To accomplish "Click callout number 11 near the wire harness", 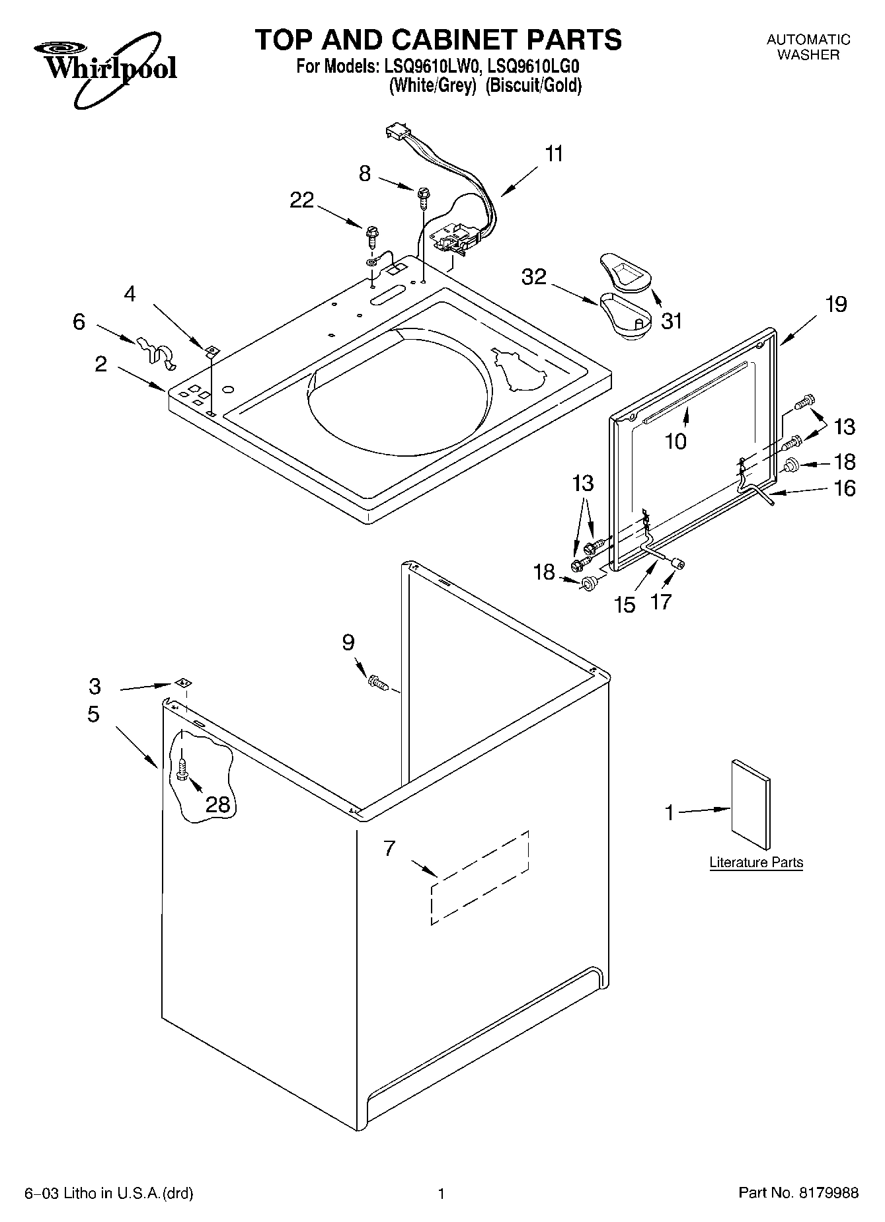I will point(555,154).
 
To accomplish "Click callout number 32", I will point(534,276).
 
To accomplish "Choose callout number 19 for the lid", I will point(835,305).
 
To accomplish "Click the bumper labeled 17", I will point(677,562).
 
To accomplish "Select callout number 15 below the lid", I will point(625,603).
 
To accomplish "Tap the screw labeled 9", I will point(377,681).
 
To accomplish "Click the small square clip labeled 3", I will point(183,683).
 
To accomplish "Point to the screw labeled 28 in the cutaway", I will point(183,769).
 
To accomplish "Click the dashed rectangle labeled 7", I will point(481,878).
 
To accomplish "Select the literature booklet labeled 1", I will point(751,804).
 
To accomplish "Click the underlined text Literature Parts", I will point(756,862).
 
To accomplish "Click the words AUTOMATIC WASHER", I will point(808,48).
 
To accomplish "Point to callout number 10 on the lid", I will point(675,441).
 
